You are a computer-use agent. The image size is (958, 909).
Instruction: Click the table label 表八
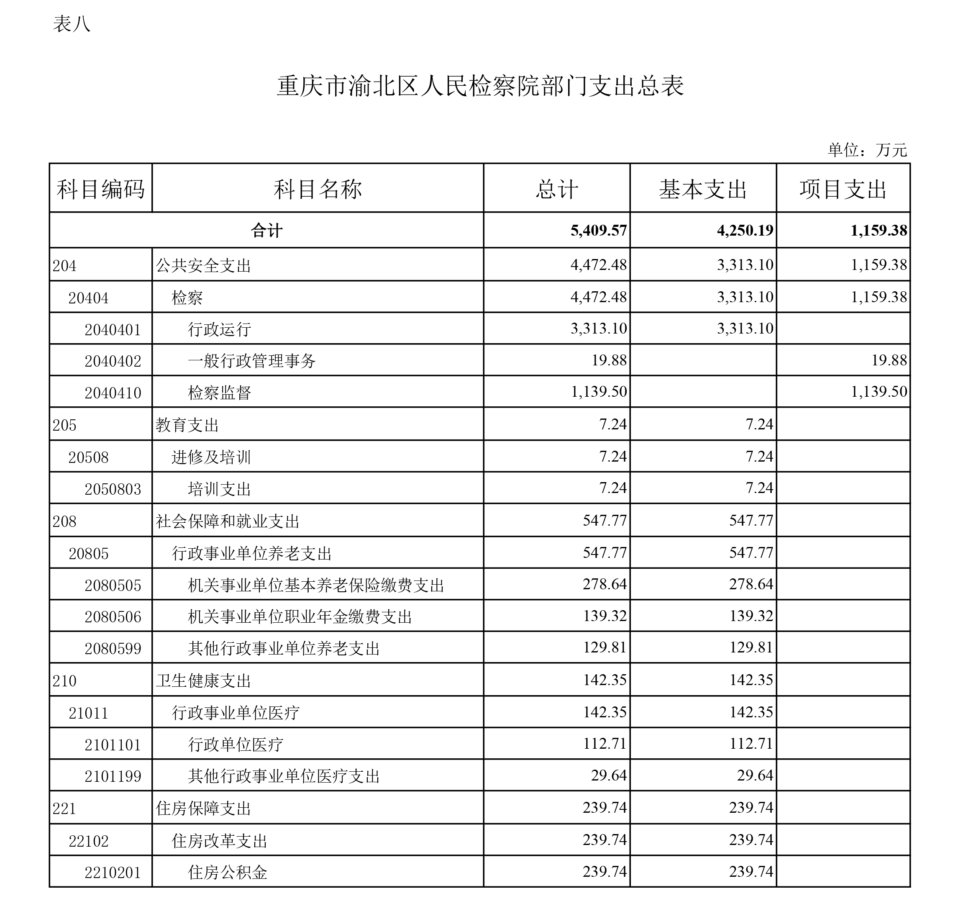click(72, 24)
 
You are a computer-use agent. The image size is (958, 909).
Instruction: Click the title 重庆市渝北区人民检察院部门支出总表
click(479, 86)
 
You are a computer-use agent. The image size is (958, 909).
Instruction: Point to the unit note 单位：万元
click(867, 150)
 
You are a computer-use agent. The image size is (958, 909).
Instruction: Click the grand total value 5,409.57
click(599, 231)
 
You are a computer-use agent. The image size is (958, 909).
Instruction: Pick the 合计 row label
click(266, 231)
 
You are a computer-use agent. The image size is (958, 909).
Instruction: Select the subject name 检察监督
click(219, 393)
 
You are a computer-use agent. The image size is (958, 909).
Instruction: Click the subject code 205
click(64, 425)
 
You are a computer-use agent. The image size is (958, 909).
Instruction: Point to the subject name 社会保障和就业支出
click(228, 521)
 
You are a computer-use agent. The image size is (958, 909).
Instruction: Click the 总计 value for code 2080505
click(605, 584)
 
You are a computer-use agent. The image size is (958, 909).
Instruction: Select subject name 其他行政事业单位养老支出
click(284, 648)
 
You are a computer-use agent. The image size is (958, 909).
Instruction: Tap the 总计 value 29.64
click(608, 775)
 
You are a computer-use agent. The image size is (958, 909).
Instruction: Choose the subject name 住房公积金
click(228, 873)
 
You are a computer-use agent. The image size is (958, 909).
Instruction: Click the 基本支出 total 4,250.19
click(745, 231)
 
